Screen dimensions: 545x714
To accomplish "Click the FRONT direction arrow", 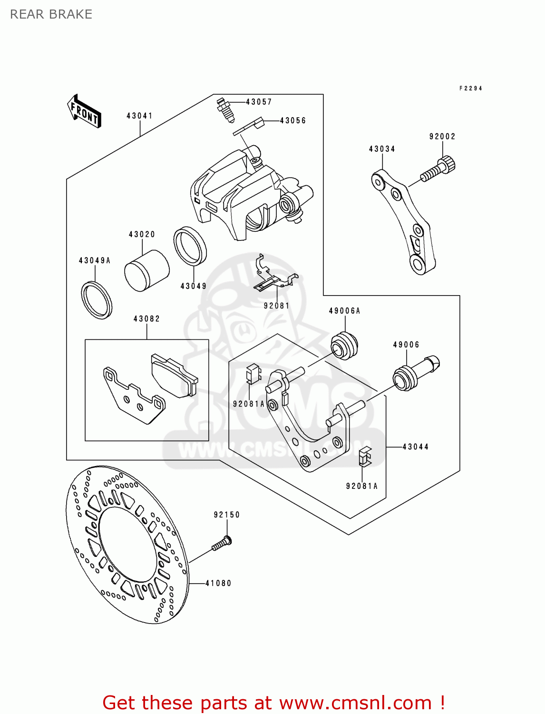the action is point(84,111).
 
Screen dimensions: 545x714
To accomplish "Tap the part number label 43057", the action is point(258,102).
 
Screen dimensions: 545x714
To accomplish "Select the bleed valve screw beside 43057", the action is point(225,110).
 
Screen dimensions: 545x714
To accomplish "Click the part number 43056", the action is point(293,120).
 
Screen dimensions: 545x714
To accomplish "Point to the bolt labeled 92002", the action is point(438,169).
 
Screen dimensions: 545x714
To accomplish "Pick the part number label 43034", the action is point(382,149).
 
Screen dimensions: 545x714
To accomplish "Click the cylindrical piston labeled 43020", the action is point(146,271).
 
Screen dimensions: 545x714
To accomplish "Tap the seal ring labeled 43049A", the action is point(97,300).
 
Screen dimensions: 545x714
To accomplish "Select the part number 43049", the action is point(194,286).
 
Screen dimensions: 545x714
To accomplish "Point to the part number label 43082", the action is point(146,319).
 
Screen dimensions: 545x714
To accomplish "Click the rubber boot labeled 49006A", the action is point(344,346).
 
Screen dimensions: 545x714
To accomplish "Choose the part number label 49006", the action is point(406,345).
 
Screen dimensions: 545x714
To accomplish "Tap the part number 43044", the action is point(415,446).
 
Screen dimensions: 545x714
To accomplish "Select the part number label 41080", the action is point(218,583).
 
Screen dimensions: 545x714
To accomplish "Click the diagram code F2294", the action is point(471,88).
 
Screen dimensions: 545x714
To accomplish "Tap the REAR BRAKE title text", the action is point(51,14).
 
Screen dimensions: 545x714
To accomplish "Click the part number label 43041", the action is point(139,116).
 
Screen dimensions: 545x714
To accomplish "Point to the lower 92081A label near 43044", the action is point(361,486).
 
